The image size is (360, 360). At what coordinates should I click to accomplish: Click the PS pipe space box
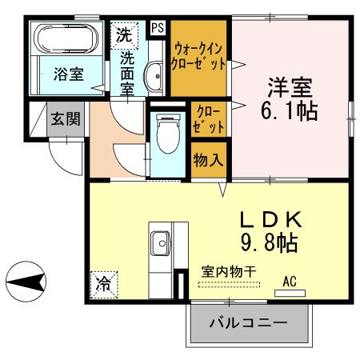coord(158,28)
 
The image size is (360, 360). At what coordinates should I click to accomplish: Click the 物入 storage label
coord(208,160)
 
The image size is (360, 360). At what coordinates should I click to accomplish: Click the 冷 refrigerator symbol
coord(104,282)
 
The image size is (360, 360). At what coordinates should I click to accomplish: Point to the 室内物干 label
coord(228,272)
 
